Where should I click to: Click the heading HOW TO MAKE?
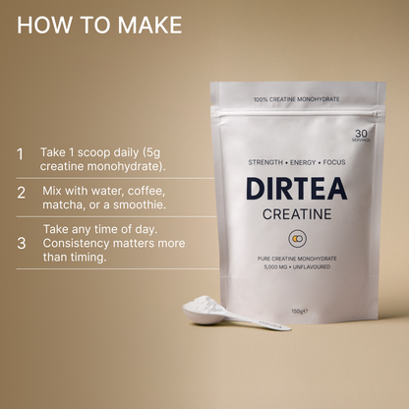99,25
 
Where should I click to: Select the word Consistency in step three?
81,242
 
